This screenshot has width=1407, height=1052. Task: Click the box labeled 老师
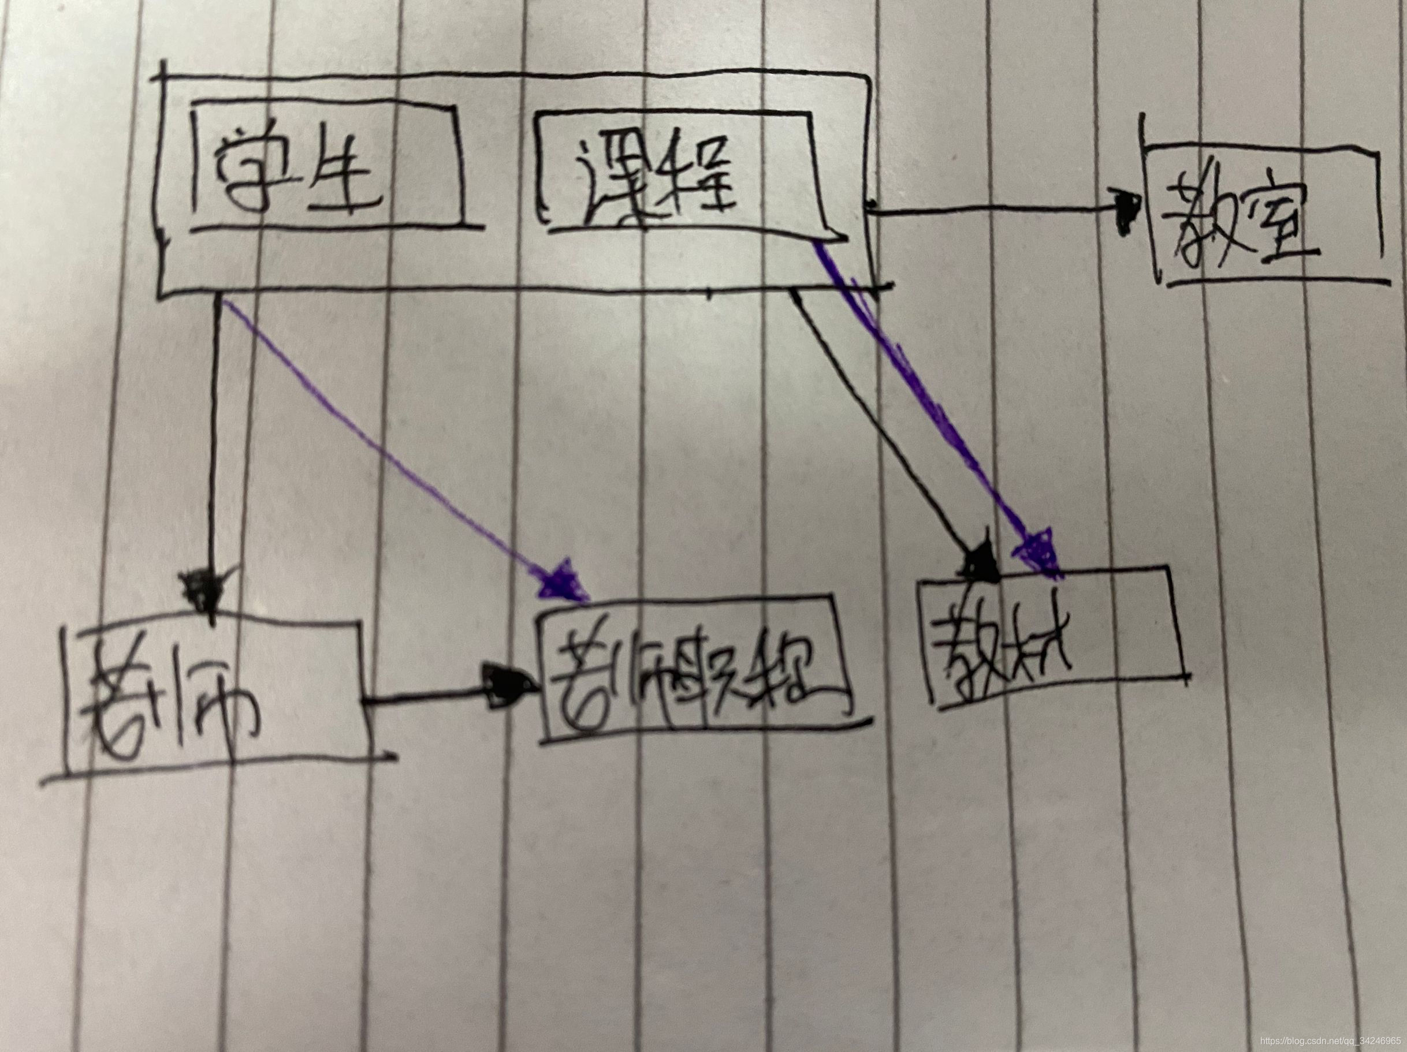[x=216, y=693]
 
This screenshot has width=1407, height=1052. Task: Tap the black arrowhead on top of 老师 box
[x=202, y=588]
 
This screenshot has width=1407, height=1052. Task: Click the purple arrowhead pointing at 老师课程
[x=560, y=579]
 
